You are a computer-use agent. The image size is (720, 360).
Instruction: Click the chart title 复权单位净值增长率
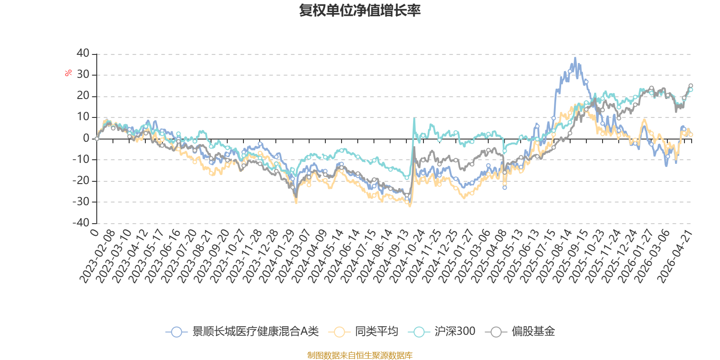(360, 10)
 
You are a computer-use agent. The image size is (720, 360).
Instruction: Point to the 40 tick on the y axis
(83, 53)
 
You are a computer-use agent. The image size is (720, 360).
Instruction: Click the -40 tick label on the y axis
(81, 223)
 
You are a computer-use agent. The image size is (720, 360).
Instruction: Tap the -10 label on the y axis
(81, 159)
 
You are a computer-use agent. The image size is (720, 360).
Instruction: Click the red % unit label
(68, 73)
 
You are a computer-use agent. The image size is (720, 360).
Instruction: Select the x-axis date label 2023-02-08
(97, 256)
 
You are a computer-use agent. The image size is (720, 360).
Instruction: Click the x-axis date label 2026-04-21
(675, 256)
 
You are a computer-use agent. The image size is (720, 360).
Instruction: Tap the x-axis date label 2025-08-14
(554, 256)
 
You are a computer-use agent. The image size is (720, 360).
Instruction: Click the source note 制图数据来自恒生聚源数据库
(360, 355)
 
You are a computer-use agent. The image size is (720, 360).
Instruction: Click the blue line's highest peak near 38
(575, 58)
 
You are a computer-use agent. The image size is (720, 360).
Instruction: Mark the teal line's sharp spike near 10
(414, 118)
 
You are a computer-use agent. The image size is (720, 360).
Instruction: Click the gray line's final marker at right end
(691, 85)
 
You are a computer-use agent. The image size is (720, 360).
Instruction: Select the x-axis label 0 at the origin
(94, 232)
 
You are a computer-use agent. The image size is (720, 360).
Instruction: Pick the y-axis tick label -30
(81, 202)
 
